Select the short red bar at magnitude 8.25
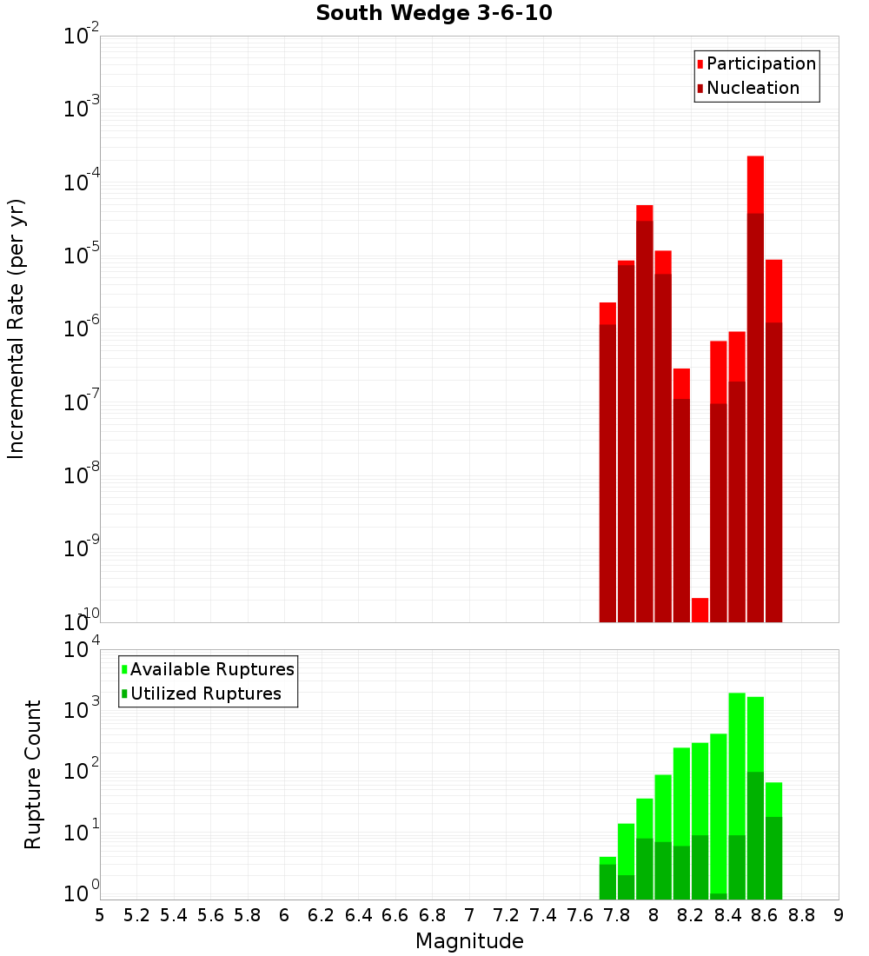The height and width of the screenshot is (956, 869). [700, 609]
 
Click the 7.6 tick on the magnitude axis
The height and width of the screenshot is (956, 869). [580, 914]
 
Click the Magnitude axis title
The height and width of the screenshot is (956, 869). [469, 941]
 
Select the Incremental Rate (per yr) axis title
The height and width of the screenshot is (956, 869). [17, 329]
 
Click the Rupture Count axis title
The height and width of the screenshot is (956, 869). [33, 773]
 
